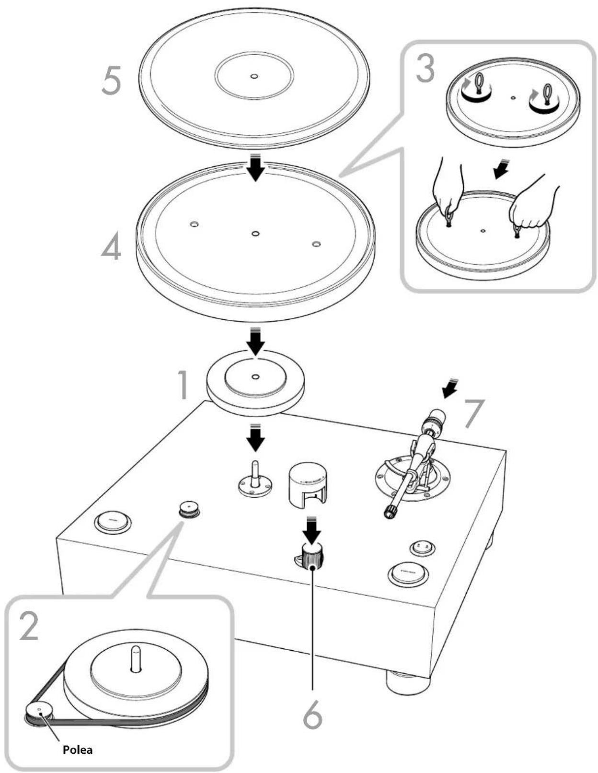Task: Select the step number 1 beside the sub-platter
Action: click(x=183, y=385)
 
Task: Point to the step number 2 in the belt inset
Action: click(x=29, y=626)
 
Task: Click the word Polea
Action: click(x=78, y=750)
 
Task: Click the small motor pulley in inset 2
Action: click(x=39, y=712)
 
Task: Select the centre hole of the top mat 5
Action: click(x=254, y=76)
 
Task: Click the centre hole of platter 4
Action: click(x=255, y=234)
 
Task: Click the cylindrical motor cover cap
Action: click(x=307, y=484)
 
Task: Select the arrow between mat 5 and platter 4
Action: click(x=256, y=167)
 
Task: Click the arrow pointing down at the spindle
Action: click(x=256, y=437)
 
